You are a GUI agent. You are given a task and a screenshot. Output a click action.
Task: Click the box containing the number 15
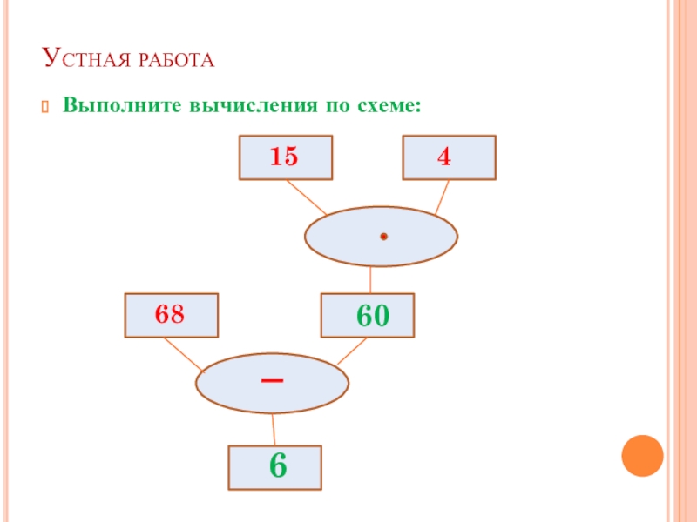[x=285, y=157]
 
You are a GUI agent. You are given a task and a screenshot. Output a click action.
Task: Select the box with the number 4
[x=449, y=157]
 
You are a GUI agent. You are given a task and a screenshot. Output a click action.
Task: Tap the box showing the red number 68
[x=172, y=315]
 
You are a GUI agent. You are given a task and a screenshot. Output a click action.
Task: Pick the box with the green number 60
[x=368, y=315]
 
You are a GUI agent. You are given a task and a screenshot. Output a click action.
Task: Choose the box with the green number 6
[x=275, y=467]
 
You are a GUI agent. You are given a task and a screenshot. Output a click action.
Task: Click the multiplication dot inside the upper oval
[x=382, y=237]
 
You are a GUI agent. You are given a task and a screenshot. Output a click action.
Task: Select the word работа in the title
[x=174, y=61]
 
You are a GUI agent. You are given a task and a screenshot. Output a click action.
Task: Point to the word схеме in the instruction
[x=389, y=106]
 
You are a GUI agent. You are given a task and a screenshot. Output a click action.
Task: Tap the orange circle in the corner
[x=642, y=455]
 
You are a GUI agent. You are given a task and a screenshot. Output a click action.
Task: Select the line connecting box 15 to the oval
[x=307, y=197]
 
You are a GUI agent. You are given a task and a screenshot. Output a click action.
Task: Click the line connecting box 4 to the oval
[x=442, y=197]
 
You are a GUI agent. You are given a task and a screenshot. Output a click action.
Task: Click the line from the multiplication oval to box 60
[x=371, y=279]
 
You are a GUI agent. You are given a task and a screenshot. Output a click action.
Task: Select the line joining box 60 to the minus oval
[x=351, y=351]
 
